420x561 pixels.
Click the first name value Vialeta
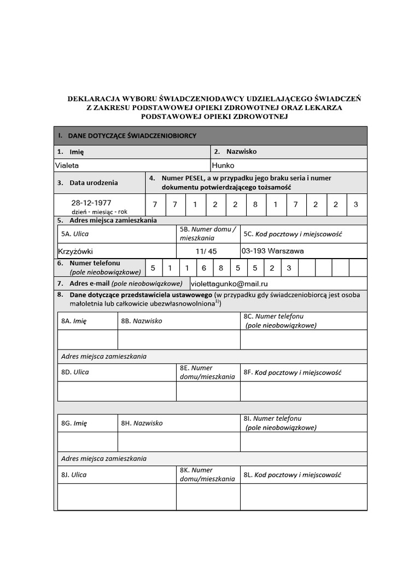(x=68, y=165)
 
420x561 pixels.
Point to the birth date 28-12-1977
(x=91, y=202)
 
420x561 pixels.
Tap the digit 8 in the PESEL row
(x=255, y=205)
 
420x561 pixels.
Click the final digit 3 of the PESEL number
(x=356, y=205)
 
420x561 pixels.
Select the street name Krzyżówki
(x=75, y=251)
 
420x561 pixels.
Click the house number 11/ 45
(x=206, y=251)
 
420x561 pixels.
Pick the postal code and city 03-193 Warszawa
(x=272, y=251)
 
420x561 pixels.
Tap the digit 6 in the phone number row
(x=205, y=268)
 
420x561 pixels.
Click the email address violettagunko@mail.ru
(x=229, y=284)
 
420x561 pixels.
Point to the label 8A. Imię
(x=74, y=321)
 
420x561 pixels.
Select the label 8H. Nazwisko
(x=142, y=423)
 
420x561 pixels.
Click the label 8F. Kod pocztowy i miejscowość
(x=292, y=373)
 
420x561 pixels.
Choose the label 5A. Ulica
(x=75, y=234)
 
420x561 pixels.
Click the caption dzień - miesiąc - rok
(x=98, y=211)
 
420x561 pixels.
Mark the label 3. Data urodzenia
(x=87, y=183)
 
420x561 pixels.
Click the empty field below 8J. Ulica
(x=115, y=497)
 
